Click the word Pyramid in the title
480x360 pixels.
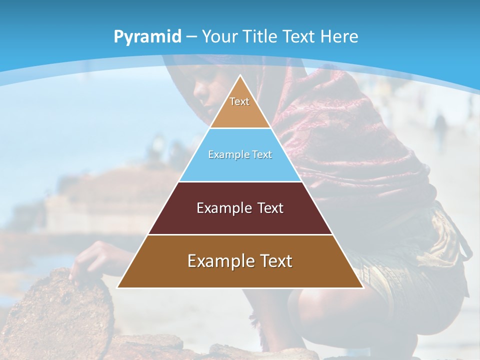[x=147, y=37]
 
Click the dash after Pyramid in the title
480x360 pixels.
[x=191, y=37]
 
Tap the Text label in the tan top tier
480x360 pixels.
[x=239, y=101]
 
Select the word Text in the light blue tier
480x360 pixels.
[x=262, y=155]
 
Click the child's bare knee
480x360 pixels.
[x=320, y=305]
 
